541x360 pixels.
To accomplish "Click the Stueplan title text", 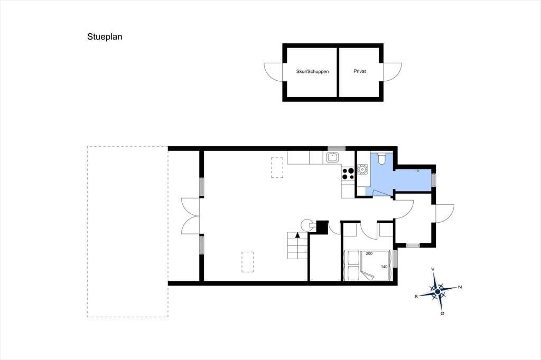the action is pos(105,37).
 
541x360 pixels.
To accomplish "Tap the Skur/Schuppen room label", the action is pos(312,72).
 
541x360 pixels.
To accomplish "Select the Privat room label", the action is pos(359,71).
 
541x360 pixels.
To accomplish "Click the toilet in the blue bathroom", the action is pos(381,158).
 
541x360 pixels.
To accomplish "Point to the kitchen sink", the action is pos(333,157).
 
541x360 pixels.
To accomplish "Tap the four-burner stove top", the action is pos(348,174).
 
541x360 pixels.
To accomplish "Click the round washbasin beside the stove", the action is pos(362,169).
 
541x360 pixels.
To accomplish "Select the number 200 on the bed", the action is pos(369,253).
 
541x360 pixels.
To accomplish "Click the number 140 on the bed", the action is pos(384,267).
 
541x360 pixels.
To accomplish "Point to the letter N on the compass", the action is pos(460,287).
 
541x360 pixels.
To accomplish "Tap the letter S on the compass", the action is pos(416,296).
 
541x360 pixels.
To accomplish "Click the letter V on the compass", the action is pos(433,269).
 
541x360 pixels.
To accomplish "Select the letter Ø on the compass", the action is pos(442,314).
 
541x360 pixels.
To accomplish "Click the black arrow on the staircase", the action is pos(298,235).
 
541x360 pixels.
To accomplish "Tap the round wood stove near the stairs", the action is pos(306,225).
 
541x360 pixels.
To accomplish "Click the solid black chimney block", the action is pos(322,227).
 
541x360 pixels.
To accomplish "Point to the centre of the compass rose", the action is pos(437,292).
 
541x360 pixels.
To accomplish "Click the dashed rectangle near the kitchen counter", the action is pos(277,167).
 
